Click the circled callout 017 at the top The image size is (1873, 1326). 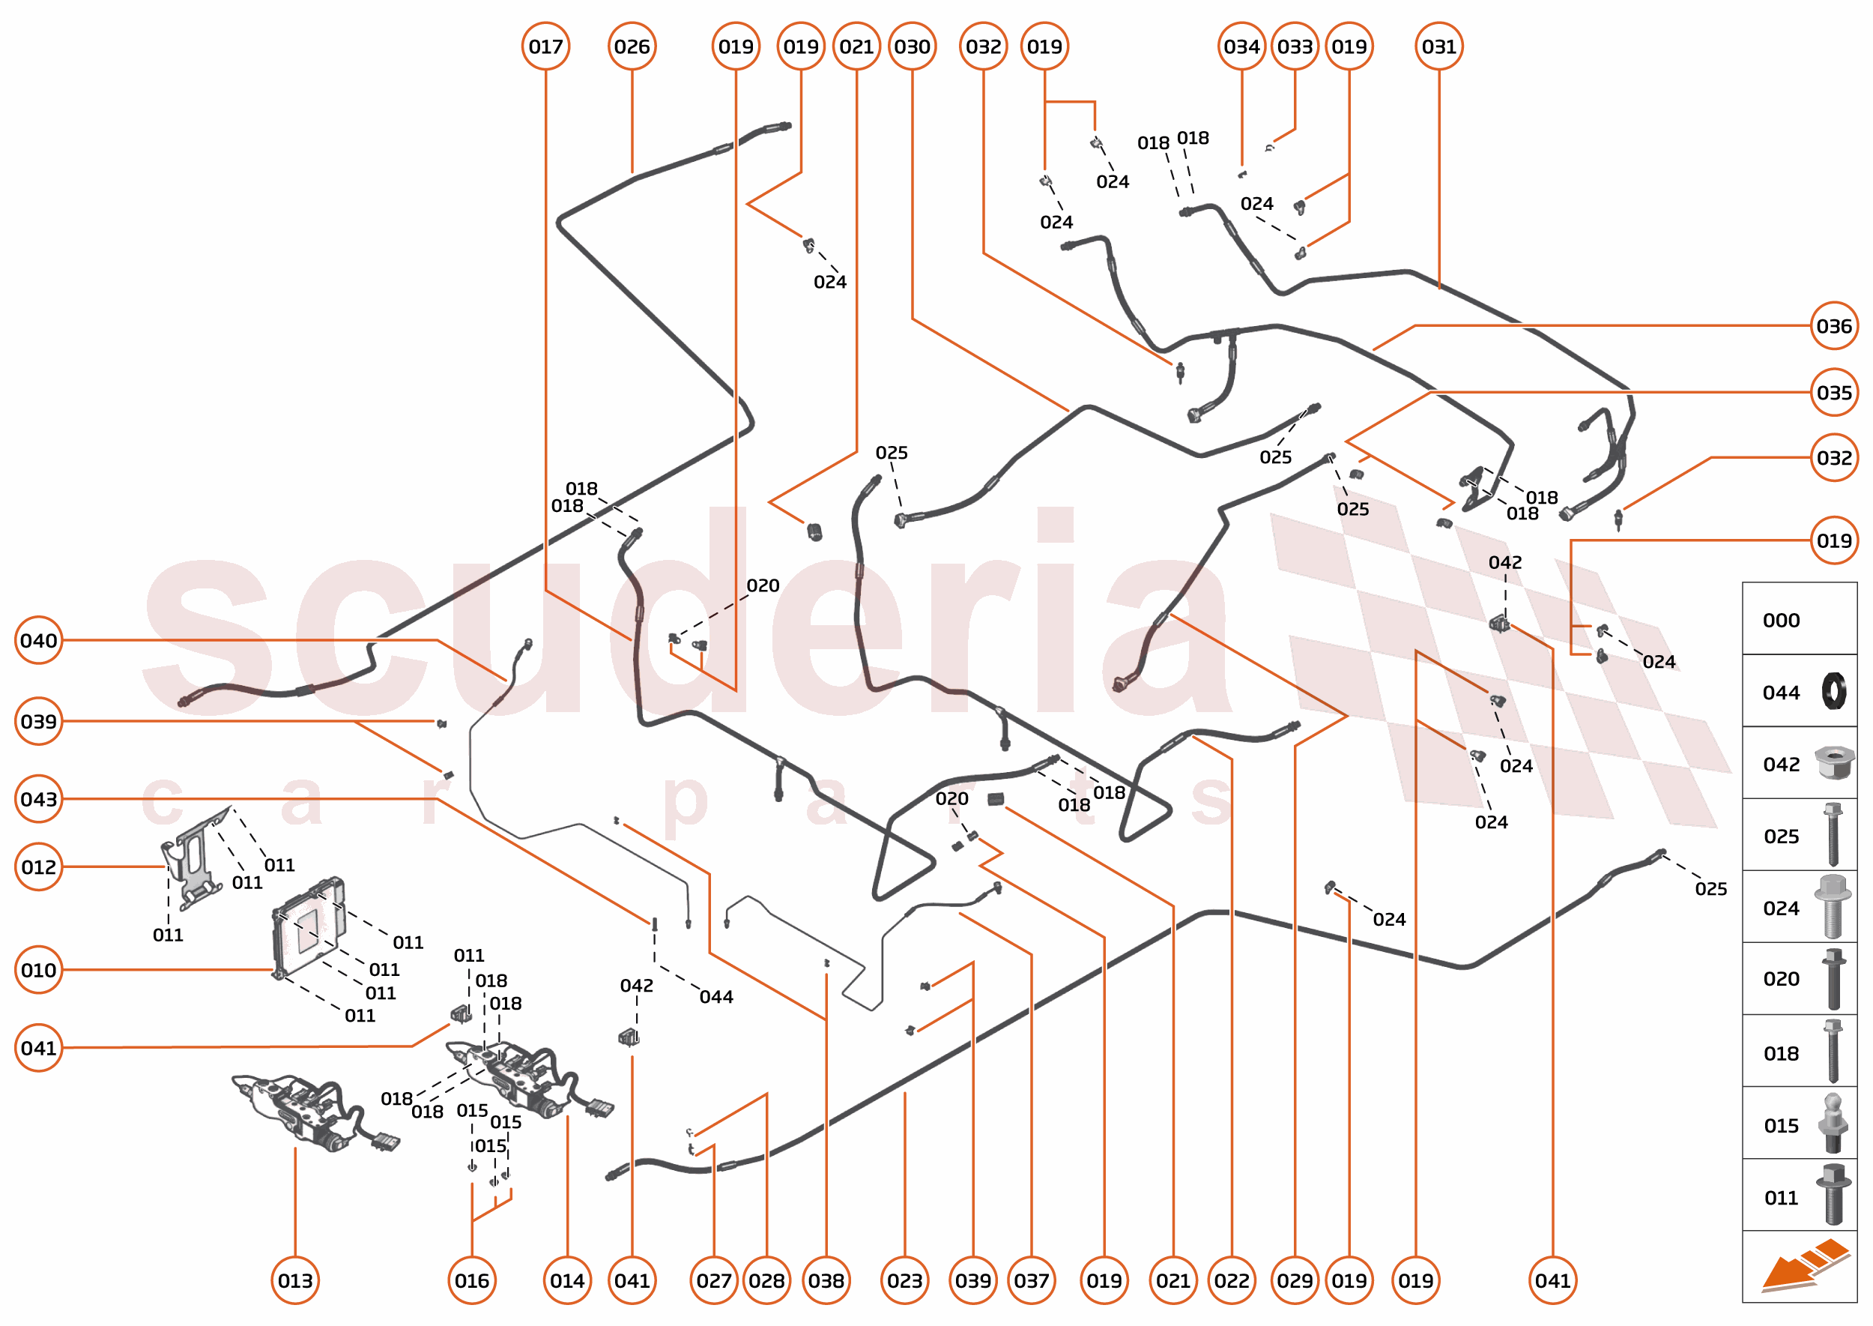coord(545,46)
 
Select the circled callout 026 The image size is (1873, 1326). coord(632,46)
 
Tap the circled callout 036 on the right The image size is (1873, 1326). coord(1833,327)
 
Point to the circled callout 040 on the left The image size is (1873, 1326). coord(38,640)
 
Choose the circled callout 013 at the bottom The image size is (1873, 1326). coord(294,1280)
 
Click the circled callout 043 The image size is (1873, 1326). coord(38,798)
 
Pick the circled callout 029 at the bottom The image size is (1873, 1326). coord(1295,1280)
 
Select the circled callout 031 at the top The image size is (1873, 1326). coord(1438,46)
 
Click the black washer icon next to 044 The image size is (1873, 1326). coord(1833,692)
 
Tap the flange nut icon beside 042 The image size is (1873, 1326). coord(1833,763)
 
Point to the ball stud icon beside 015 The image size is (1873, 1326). coord(1833,1125)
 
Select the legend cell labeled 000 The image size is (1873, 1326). coord(1799,620)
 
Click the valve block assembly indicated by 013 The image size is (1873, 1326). coord(314,1112)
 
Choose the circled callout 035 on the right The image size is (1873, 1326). coord(1833,393)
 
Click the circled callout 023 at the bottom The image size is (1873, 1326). coord(904,1280)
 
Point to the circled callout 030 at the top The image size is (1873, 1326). coord(912,46)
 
